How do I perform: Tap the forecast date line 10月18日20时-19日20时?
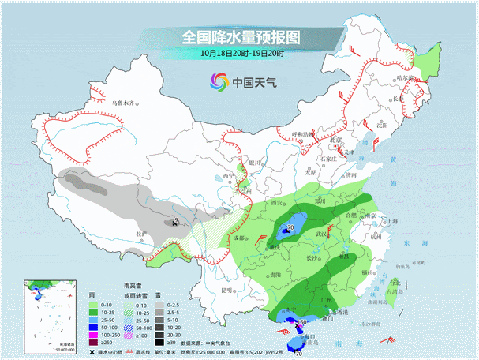click(x=241, y=54)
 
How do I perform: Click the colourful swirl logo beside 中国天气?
click(x=219, y=81)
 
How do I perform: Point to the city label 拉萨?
click(x=141, y=234)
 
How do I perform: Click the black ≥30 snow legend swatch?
click(x=158, y=343)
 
